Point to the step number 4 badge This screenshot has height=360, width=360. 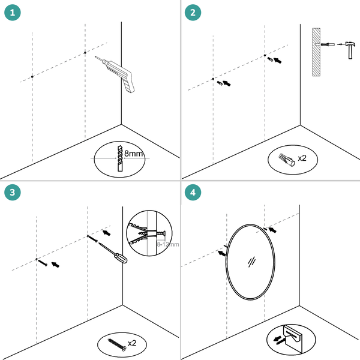click(x=192, y=192)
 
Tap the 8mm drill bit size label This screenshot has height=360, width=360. click(x=134, y=154)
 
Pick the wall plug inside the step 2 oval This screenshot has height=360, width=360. click(x=286, y=159)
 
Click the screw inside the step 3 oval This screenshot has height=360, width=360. click(x=116, y=344)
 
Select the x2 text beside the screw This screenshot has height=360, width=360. click(x=133, y=344)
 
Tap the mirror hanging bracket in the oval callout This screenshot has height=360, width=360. click(x=293, y=338)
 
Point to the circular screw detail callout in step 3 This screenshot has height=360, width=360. click(x=149, y=230)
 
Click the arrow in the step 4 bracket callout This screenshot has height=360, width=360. click(x=277, y=340)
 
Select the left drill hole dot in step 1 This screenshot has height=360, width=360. click(x=32, y=77)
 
